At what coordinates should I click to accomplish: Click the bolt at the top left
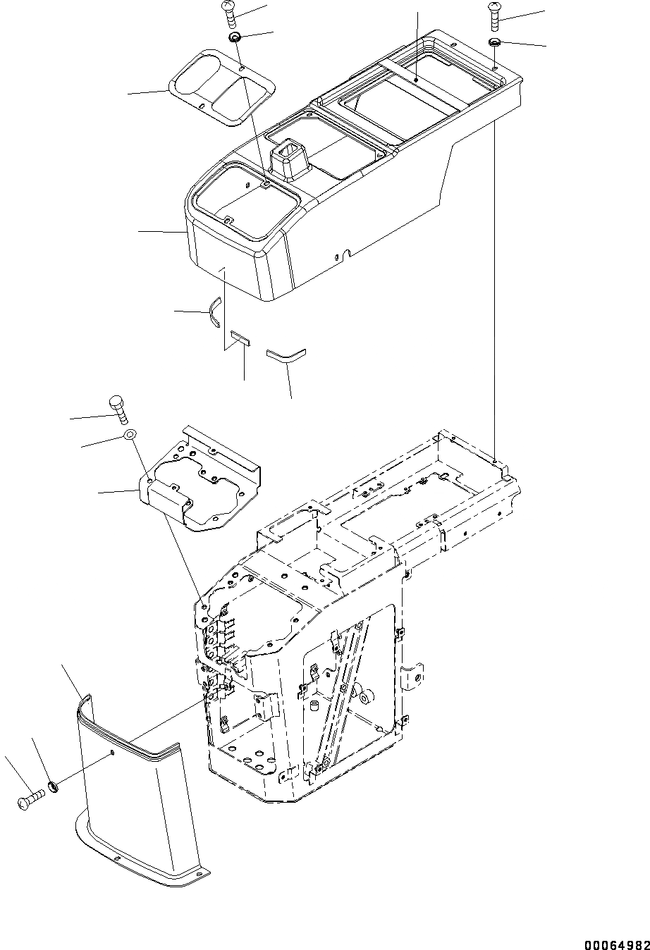(231, 15)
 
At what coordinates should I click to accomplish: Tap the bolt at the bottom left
(30, 799)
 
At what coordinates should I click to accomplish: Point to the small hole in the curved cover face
(112, 754)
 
